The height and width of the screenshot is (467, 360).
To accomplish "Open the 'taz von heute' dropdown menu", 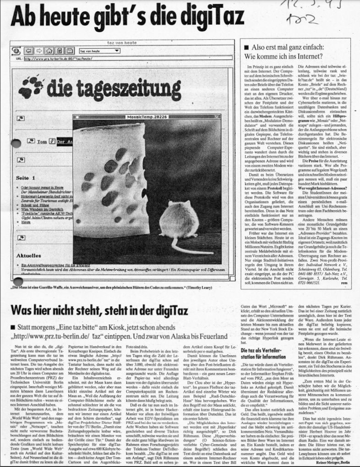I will [99, 51].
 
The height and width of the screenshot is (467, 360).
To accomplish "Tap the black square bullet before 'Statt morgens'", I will [14, 327].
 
